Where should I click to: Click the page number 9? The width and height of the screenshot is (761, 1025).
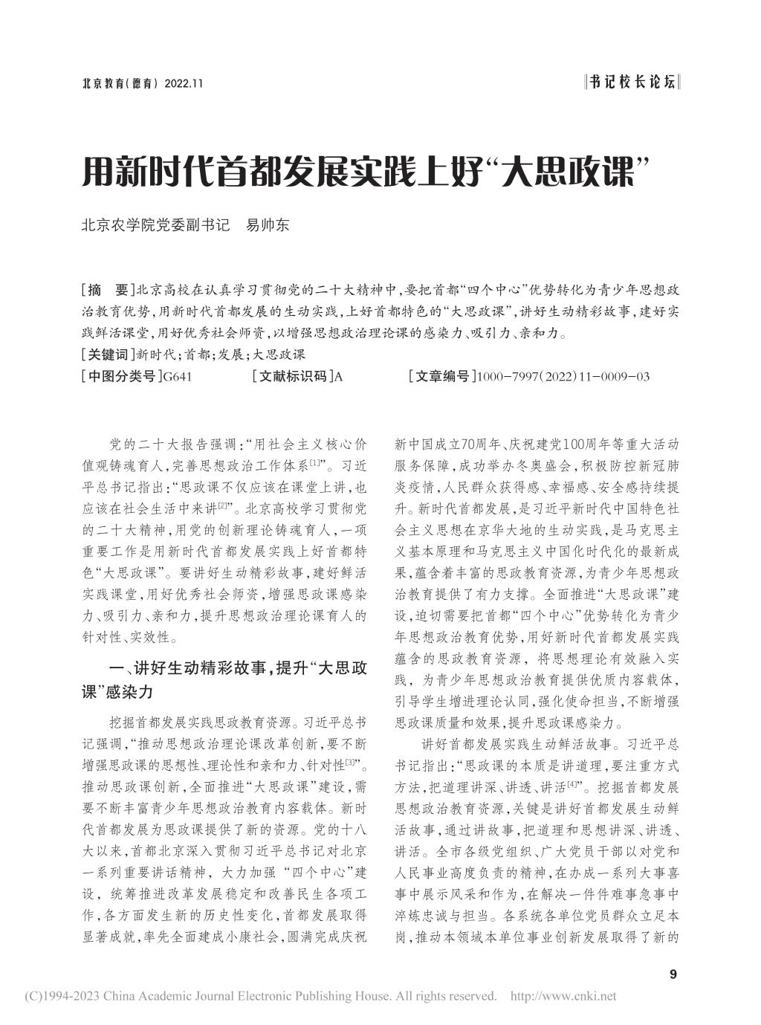[673, 974]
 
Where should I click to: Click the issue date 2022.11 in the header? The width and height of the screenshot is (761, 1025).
[181, 84]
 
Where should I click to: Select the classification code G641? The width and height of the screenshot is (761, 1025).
[177, 377]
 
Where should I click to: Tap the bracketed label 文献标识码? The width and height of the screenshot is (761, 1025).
[294, 377]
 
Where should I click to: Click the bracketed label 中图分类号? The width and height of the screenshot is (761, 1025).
[121, 377]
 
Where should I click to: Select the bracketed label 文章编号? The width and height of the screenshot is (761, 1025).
[442, 377]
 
